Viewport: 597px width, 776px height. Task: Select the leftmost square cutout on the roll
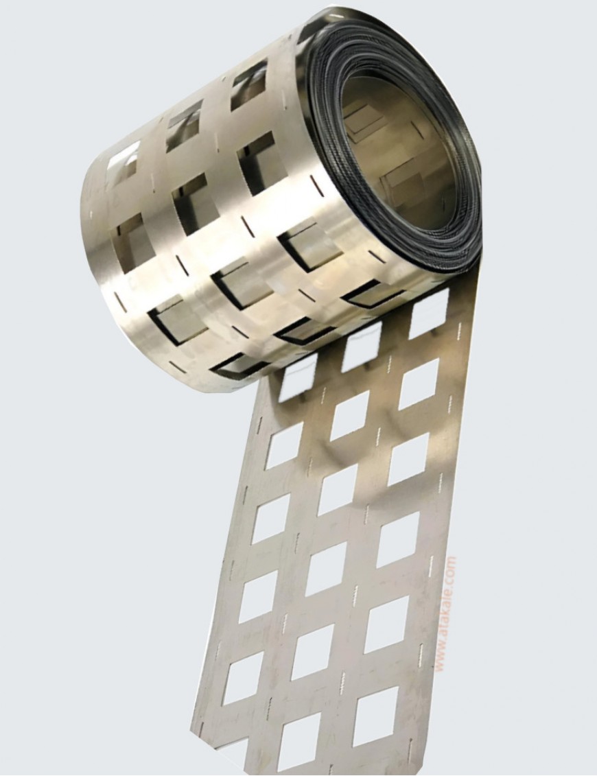point(124,161)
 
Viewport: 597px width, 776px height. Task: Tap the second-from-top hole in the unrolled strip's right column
point(418,384)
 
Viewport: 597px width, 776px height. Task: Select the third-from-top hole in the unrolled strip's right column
point(408,458)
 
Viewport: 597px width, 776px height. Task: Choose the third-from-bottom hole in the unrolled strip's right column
point(397,539)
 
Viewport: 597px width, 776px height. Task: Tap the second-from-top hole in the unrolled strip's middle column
point(349,415)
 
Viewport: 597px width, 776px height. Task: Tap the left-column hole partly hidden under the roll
point(298,377)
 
